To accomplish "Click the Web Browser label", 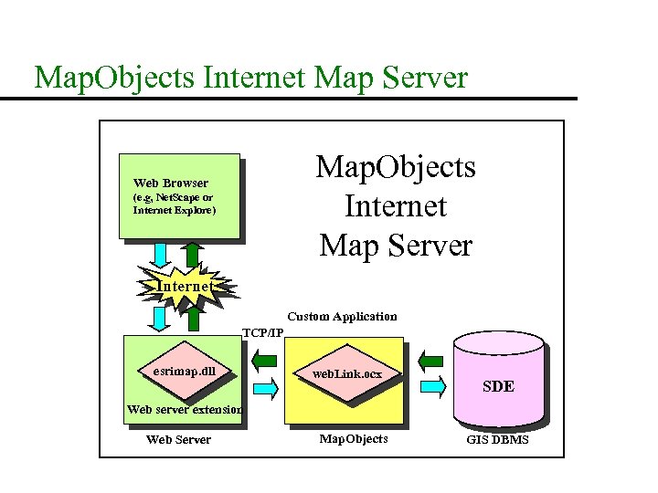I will tap(171, 183).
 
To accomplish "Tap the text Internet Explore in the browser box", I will tap(174, 210).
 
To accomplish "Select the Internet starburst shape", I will tap(186, 286).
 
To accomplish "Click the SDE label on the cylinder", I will tap(498, 386).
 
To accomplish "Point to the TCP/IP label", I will tap(262, 331).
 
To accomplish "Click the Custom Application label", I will tap(342, 317).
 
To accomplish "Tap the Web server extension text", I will tap(185, 410).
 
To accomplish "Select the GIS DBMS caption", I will tap(497, 440).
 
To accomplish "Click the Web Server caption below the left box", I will tap(178, 440).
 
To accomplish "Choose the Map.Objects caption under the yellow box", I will tap(353, 439).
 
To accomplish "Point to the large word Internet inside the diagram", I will tap(396, 206).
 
